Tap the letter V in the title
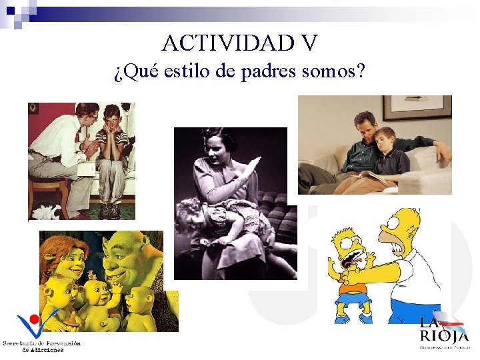[309, 43]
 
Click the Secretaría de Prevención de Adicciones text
[41, 346]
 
